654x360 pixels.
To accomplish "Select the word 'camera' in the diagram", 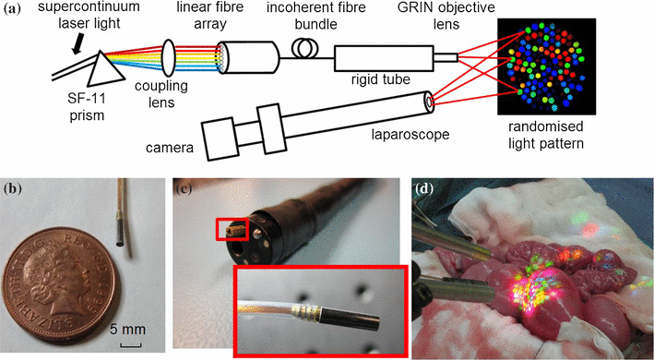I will click(170, 146).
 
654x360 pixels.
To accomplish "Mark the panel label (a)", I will click(16, 11).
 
